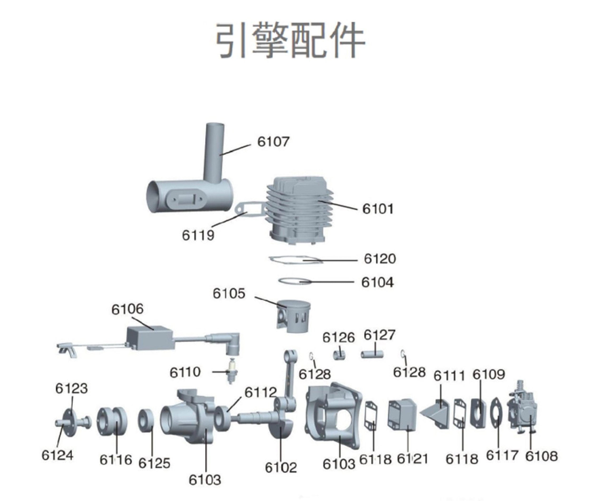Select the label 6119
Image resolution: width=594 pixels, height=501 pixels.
198,235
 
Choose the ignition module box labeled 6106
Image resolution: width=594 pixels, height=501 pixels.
149,338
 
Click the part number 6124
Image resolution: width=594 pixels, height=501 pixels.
57,455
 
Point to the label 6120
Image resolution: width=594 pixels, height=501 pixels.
380,259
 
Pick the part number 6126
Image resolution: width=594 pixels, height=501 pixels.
339,337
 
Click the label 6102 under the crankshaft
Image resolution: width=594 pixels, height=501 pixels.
281,468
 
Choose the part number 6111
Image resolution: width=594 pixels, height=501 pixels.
449,376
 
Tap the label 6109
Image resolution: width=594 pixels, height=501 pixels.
489,375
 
